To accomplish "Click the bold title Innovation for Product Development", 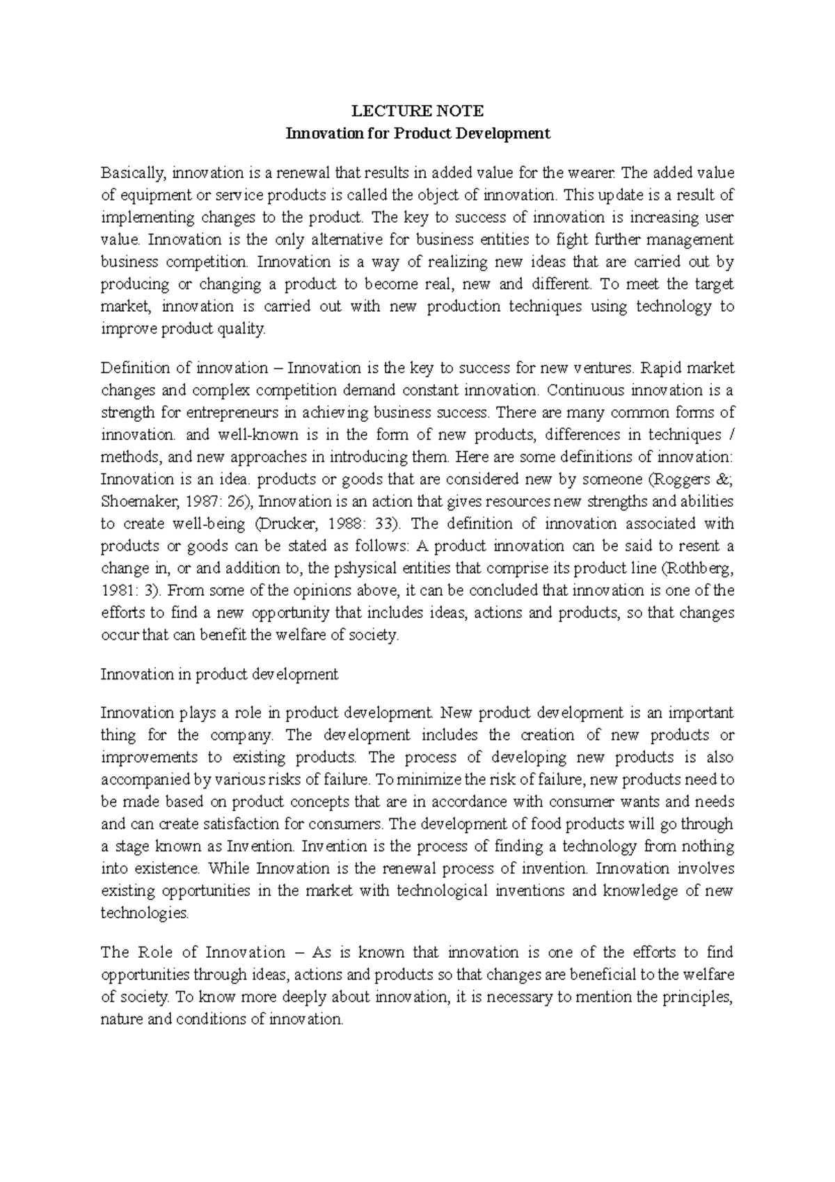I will coord(417,133).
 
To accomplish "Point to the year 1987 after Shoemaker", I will coord(203,501).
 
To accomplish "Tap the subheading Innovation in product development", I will coord(219,674).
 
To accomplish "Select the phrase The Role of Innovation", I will coord(193,952).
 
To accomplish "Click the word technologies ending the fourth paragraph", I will coord(144,913).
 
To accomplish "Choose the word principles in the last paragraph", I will coord(697,997).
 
